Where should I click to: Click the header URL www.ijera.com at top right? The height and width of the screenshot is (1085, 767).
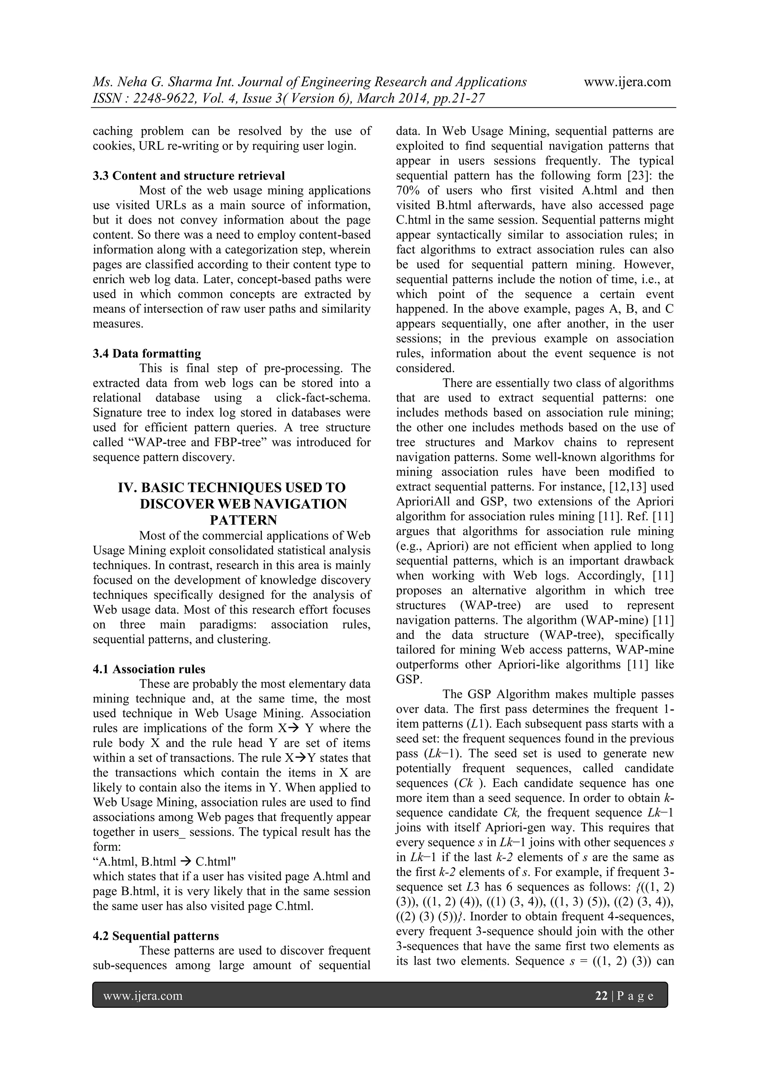tap(627, 82)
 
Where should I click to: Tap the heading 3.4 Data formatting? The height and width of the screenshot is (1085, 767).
tap(146, 354)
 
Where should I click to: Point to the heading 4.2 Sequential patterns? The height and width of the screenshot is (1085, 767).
tap(156, 936)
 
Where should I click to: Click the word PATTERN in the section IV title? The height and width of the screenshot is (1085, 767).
tap(243, 520)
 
